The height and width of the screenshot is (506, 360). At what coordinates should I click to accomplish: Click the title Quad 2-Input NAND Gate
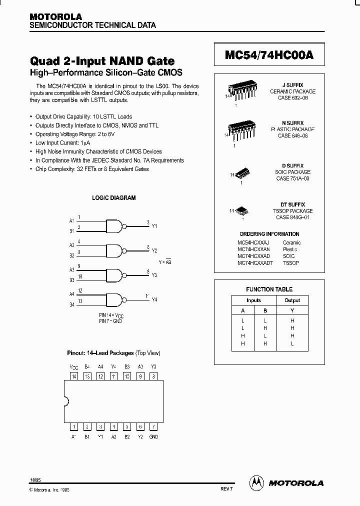(102, 61)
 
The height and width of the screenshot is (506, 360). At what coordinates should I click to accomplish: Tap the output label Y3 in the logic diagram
(154, 275)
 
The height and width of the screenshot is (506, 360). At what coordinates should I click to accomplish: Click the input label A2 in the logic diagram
(71, 245)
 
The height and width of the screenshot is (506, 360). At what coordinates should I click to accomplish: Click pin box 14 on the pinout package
(74, 375)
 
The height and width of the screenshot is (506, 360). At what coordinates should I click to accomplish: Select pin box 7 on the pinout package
(153, 426)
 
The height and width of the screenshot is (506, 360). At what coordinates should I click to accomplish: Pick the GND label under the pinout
(153, 436)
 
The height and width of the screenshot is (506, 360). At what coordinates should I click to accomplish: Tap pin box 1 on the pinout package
(74, 426)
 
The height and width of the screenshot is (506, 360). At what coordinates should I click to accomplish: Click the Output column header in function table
(292, 300)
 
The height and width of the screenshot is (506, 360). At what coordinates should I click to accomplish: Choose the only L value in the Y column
(292, 344)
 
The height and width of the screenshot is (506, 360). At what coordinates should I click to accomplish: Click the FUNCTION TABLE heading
(269, 289)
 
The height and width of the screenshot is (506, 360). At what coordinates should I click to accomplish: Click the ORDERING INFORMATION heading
(269, 234)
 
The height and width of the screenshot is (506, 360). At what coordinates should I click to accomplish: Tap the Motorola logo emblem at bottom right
(257, 482)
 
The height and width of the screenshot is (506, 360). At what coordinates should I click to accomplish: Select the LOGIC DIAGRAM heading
(114, 198)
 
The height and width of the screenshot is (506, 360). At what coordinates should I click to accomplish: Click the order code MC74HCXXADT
(255, 262)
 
